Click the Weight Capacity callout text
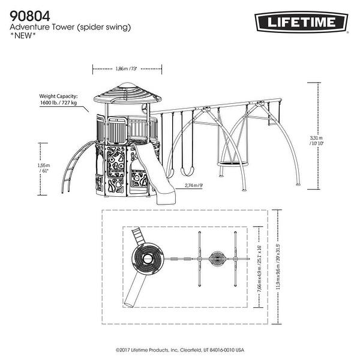pyautogui.click(x=61, y=99)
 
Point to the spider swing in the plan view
pyautogui.click(x=217, y=260)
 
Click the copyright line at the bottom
pyautogui.click(x=180, y=350)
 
